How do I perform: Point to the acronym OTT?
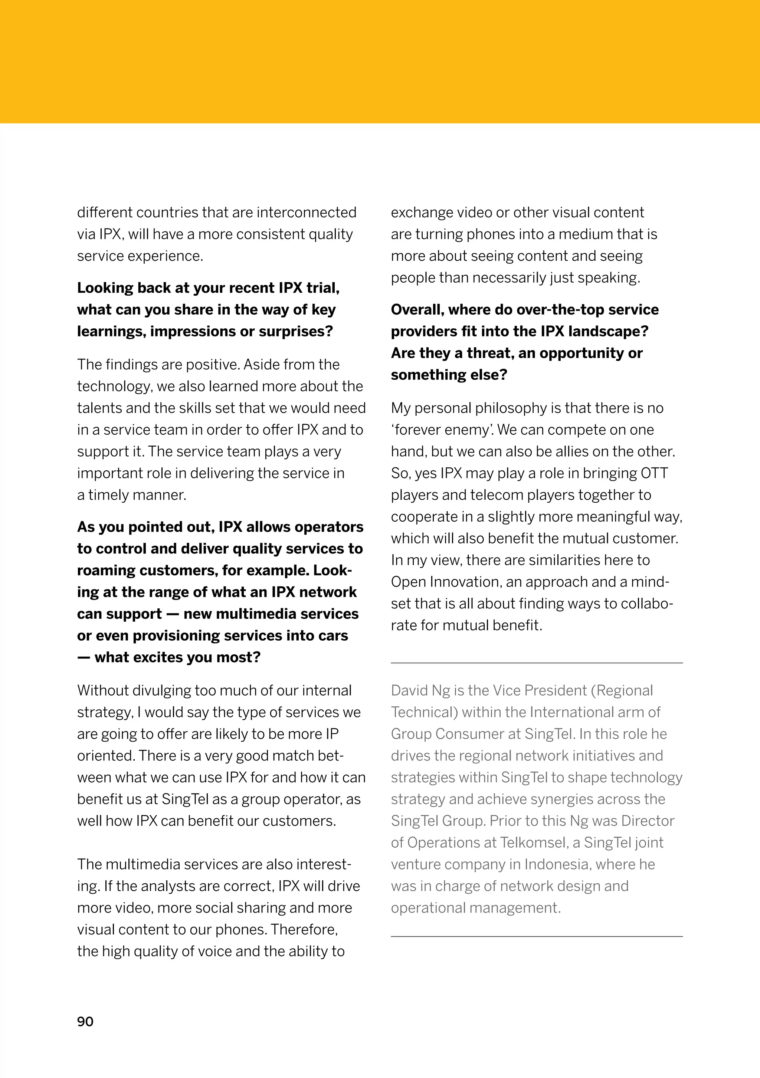point(654,473)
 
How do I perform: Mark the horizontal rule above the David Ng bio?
point(536,663)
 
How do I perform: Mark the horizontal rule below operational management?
point(536,937)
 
